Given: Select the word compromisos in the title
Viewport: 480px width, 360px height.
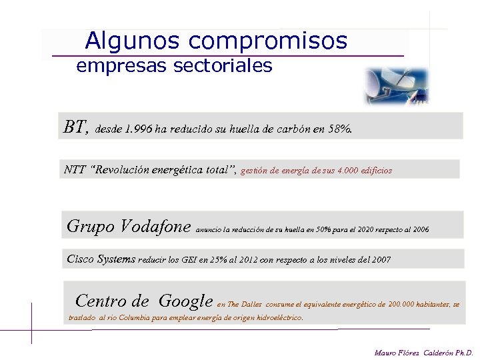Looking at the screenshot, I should coord(268,42).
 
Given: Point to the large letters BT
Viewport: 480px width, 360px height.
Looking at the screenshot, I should coord(75,126).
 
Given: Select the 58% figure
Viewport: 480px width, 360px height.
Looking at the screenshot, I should coord(339,129).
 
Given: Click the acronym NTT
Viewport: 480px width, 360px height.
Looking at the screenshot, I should coord(75,169).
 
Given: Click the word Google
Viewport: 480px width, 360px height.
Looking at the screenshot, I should coord(185,301).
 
